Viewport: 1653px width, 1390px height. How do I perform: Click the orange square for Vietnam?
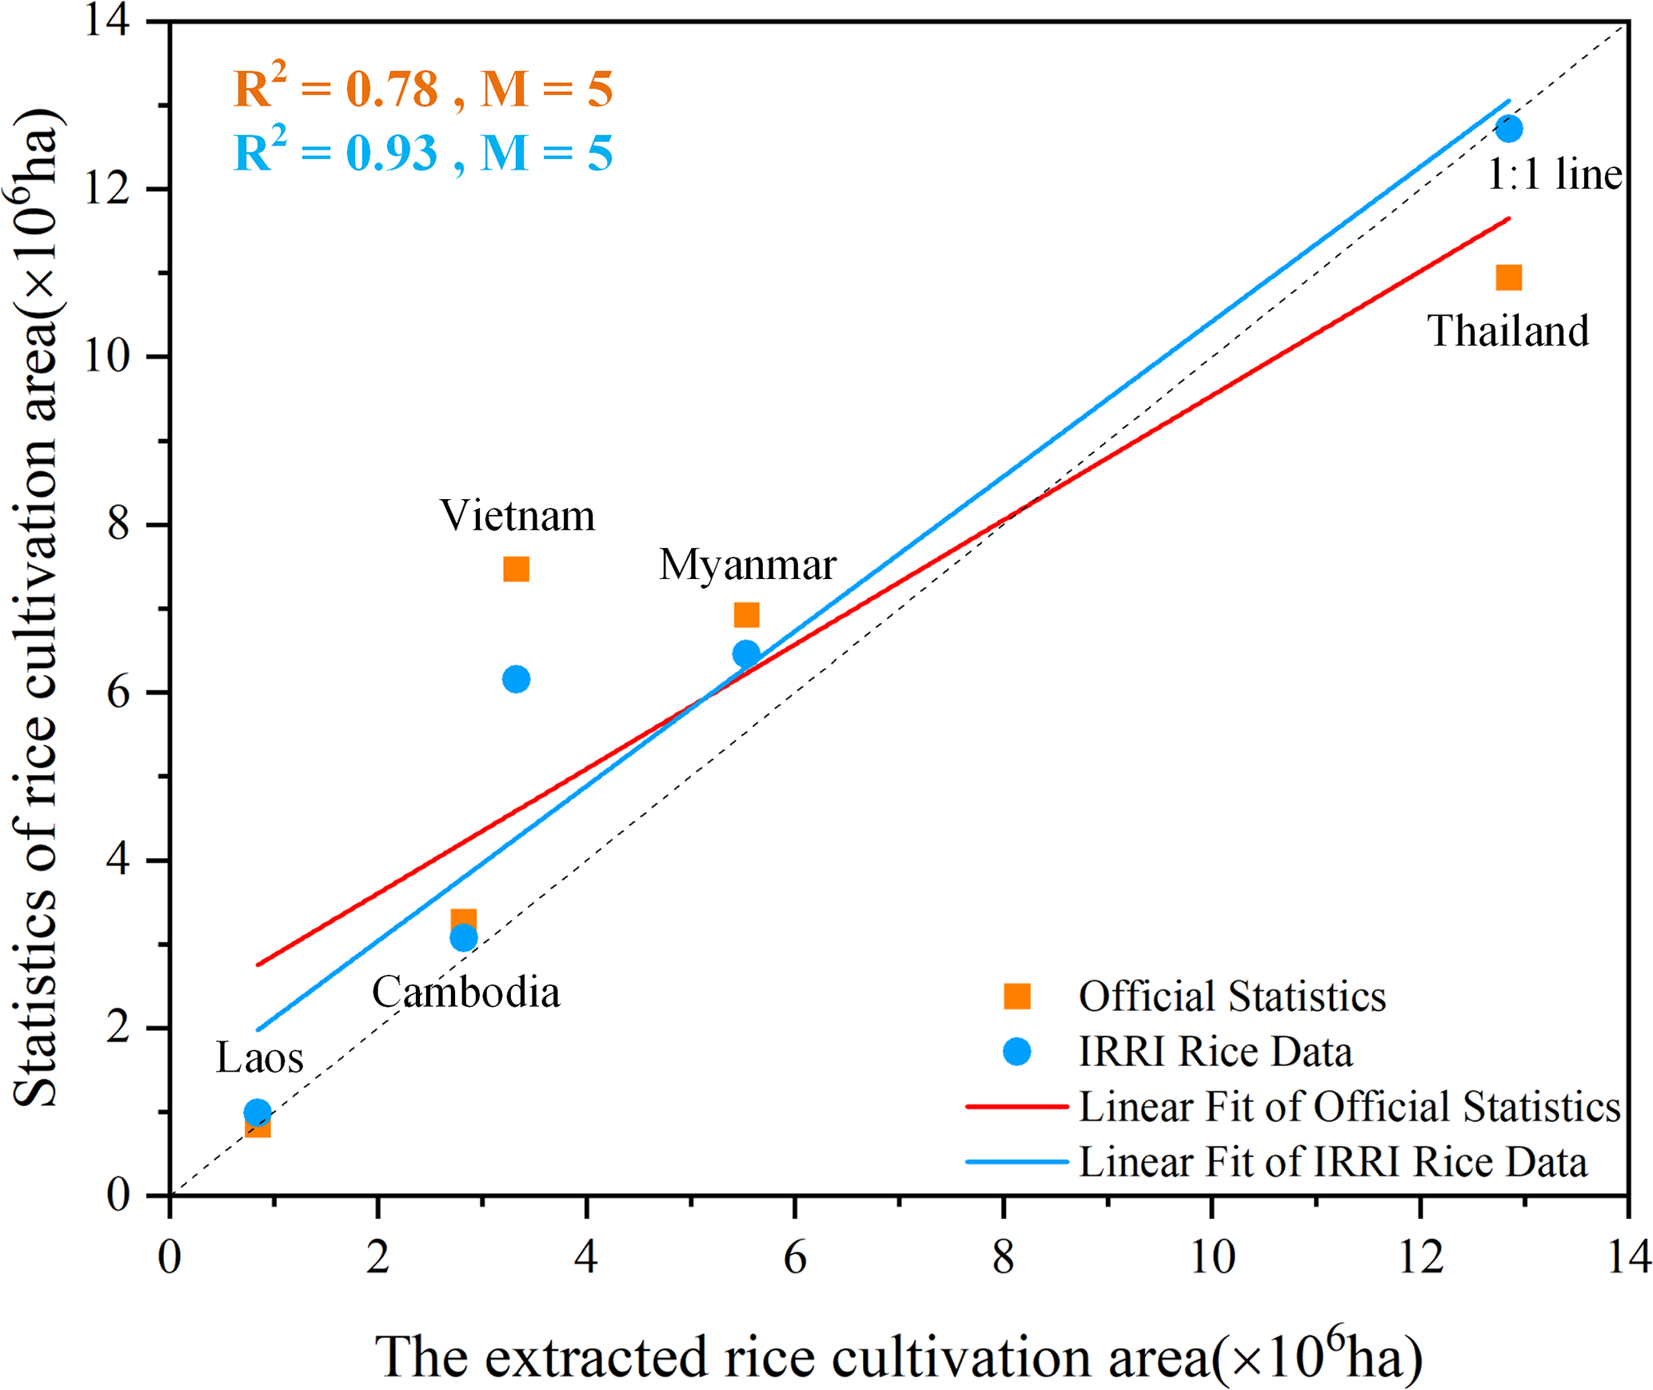click(516, 569)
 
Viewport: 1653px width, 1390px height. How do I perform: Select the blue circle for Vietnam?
click(516, 679)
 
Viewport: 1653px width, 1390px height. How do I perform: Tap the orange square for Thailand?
click(1508, 278)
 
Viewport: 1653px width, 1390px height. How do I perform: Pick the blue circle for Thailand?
click(1508, 129)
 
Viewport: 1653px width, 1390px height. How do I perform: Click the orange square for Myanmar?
click(746, 615)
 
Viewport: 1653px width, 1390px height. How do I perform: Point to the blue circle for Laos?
click(257, 1112)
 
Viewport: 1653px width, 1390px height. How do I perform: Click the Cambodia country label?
click(465, 993)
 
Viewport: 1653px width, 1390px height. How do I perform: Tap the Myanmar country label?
click(747, 565)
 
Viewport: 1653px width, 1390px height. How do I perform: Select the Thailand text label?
click(1507, 331)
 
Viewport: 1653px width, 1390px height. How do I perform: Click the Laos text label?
click(259, 1058)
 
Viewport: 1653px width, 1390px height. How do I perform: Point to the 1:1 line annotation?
click(1554, 174)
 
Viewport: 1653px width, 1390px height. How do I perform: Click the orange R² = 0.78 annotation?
click(422, 88)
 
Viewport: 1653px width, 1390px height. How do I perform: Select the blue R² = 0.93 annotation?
click(422, 152)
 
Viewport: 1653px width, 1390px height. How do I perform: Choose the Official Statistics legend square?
click(1016, 997)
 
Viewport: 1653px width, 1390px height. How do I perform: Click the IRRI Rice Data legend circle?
click(1016, 1052)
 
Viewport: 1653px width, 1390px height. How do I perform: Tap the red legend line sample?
click(1016, 1107)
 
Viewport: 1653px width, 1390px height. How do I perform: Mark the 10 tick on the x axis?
click(1212, 1257)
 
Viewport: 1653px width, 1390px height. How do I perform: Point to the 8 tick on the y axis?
click(118, 525)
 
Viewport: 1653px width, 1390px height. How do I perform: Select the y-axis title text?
click(36, 608)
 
